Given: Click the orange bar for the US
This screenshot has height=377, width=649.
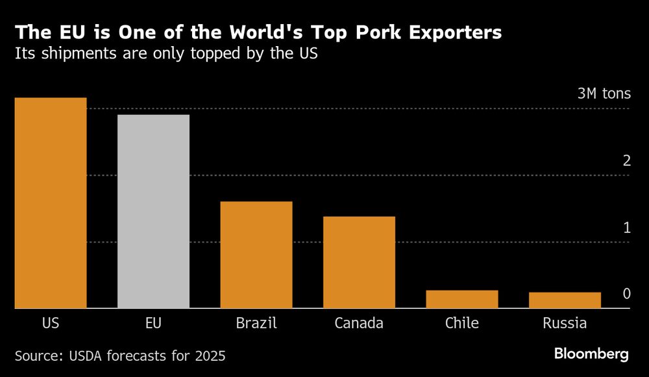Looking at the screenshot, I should point(51,203).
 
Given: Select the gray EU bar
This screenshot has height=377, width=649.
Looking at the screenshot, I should point(153,211).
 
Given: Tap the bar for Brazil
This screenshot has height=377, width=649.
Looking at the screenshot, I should point(256,255).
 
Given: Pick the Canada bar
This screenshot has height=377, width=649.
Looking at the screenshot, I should point(359,262).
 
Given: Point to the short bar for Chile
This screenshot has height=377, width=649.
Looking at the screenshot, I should point(461,299).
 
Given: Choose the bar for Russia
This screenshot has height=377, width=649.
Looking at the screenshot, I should point(565,300).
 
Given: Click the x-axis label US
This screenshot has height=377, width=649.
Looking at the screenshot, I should point(51,323).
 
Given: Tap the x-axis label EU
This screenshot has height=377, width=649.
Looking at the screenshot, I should point(153,323).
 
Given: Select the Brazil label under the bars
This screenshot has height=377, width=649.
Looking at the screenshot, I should point(256,323).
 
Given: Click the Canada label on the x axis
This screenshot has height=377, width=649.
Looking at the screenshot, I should point(359,323).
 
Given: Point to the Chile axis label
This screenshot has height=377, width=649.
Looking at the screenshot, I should point(461,323).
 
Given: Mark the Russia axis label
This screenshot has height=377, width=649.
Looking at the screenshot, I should point(565,323).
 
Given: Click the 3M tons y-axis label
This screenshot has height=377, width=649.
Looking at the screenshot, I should point(604,94).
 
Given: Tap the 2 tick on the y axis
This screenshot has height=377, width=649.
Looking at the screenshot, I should point(626,161).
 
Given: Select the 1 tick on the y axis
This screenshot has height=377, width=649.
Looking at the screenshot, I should point(626,227).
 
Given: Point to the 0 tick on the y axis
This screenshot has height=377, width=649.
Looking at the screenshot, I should point(626,294).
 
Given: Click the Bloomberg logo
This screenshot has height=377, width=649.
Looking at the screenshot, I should point(591,354).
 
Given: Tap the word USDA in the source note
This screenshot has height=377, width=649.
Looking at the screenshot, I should point(88,356).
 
